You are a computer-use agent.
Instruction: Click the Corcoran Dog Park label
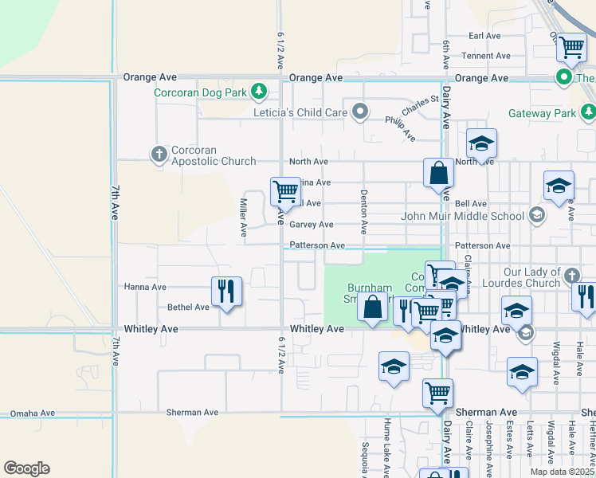tap(200, 92)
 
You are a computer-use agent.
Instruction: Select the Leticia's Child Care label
tap(300, 112)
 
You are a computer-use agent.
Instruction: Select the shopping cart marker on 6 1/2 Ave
tap(285, 190)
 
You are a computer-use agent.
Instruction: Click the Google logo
tap(26, 468)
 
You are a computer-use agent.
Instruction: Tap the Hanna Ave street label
tap(144, 287)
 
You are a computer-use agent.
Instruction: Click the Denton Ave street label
tap(363, 211)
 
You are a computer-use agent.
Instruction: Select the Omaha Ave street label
tap(32, 413)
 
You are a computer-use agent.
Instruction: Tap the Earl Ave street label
tap(484, 36)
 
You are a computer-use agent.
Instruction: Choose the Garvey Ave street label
tap(312, 225)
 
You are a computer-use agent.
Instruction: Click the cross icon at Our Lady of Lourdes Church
tap(571, 276)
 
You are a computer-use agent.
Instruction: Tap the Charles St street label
tap(420, 105)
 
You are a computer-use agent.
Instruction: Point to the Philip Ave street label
tap(400, 128)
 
